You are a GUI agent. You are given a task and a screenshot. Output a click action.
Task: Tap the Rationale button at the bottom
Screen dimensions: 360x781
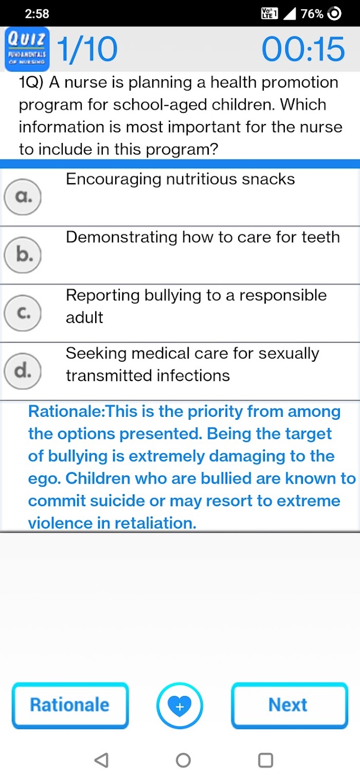(x=70, y=705)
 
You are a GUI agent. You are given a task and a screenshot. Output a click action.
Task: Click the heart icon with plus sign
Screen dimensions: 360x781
(x=179, y=706)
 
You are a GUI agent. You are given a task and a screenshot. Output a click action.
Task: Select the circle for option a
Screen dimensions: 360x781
(x=23, y=197)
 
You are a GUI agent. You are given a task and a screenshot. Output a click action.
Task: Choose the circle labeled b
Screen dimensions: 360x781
(x=23, y=255)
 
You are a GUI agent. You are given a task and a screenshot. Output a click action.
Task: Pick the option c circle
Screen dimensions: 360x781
(x=23, y=313)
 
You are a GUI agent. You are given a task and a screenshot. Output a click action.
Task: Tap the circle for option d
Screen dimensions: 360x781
(x=23, y=371)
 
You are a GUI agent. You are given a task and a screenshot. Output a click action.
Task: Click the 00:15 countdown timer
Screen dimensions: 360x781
(x=303, y=49)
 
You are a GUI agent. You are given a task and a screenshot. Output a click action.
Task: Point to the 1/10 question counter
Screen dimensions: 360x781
(x=87, y=49)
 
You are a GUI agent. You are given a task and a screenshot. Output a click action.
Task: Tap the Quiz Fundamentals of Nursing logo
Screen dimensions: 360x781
(x=27, y=49)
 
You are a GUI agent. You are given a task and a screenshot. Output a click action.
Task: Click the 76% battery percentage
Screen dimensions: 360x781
(x=312, y=13)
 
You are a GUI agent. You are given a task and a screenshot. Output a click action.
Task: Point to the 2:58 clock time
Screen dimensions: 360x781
(x=37, y=13)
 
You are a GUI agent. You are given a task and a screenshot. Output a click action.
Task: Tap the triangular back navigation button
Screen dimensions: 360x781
(x=101, y=760)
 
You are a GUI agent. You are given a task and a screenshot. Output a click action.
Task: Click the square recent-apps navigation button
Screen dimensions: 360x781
(x=265, y=760)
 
